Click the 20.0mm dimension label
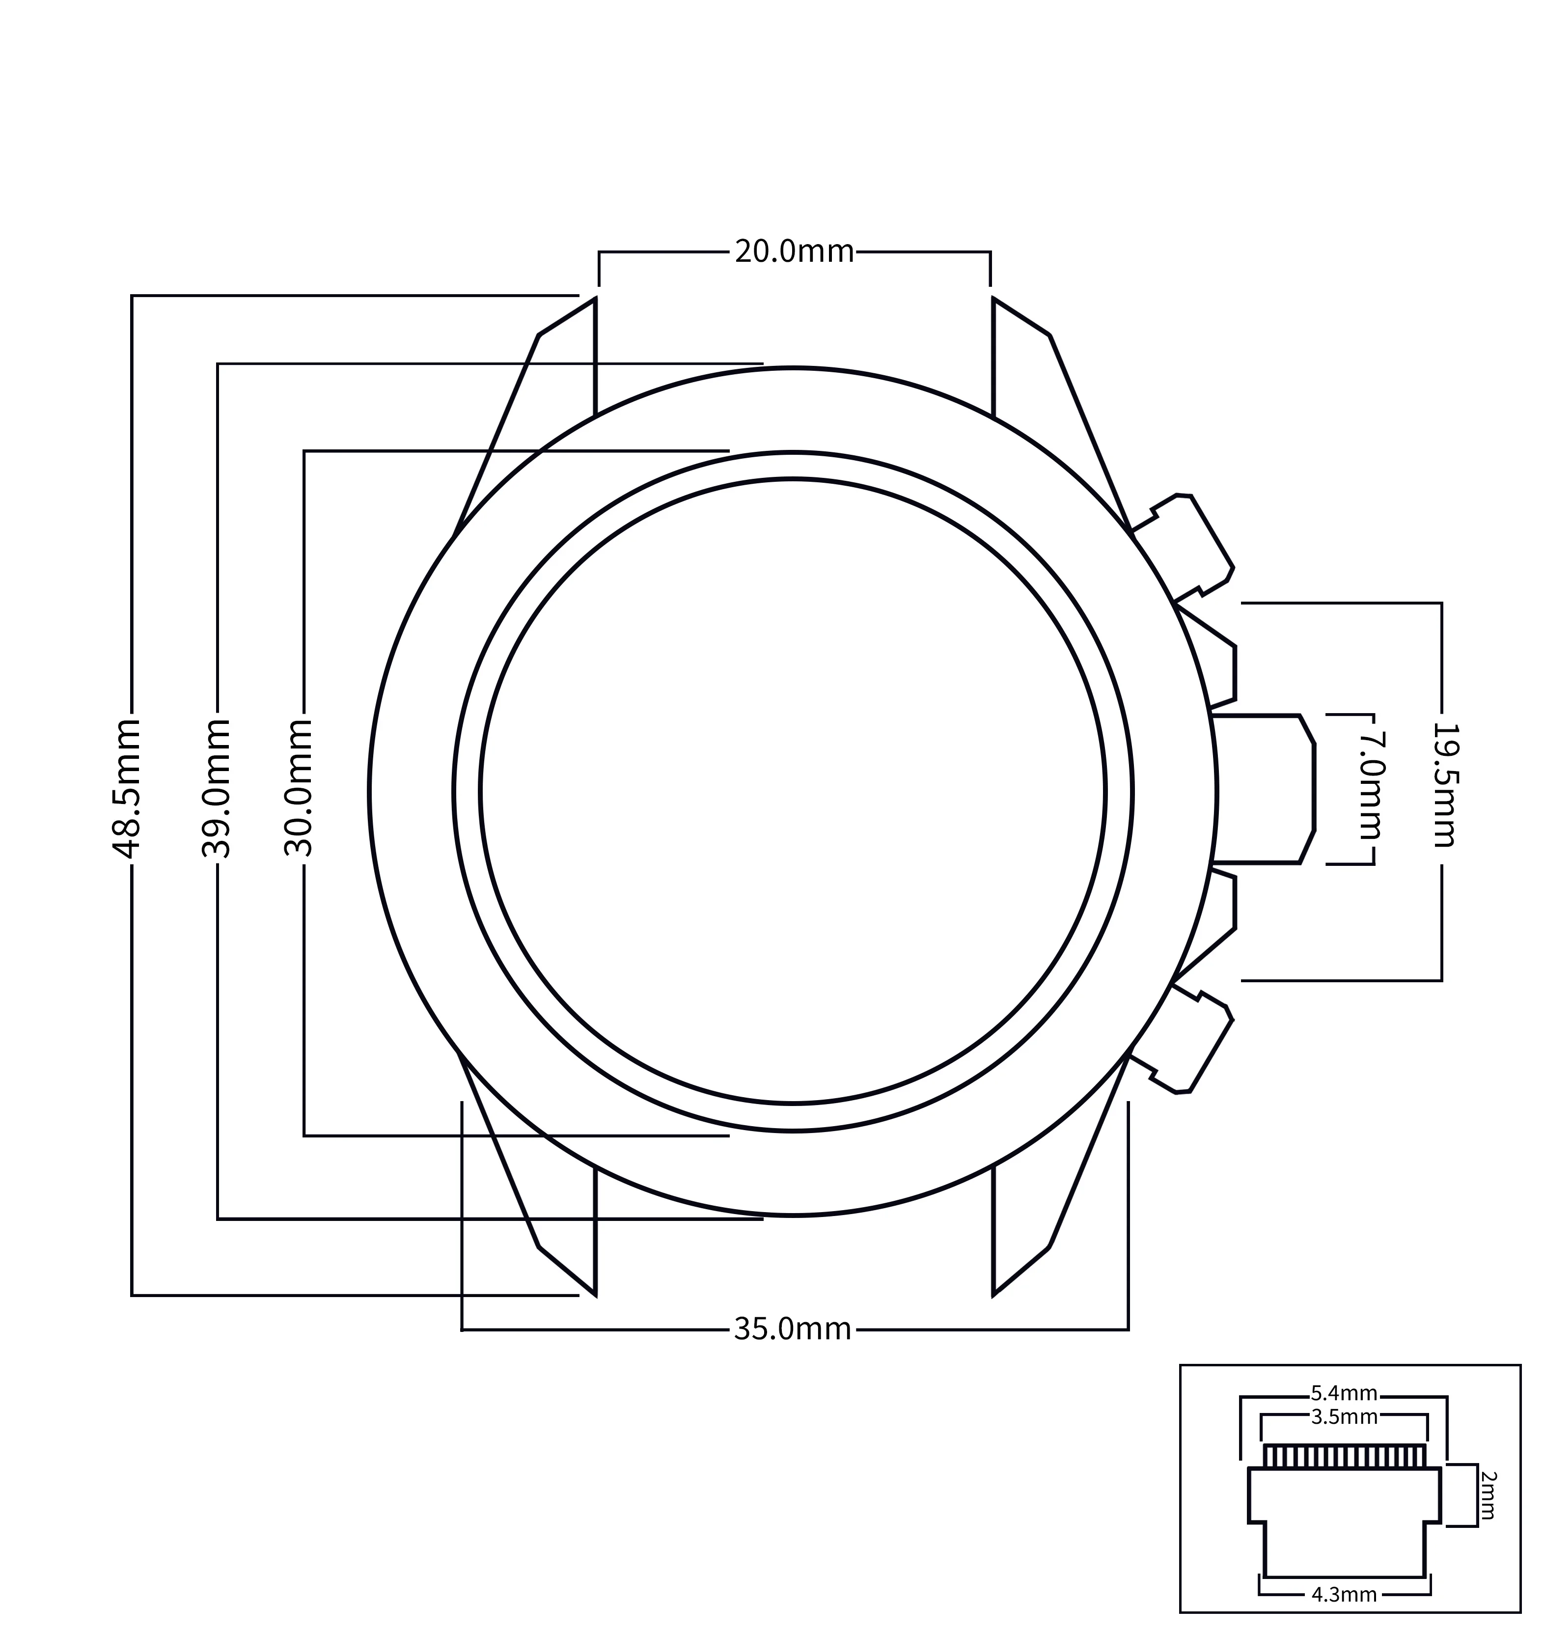(x=794, y=251)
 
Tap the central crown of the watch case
(x=1264, y=789)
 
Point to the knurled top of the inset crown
(x=1345, y=1456)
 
